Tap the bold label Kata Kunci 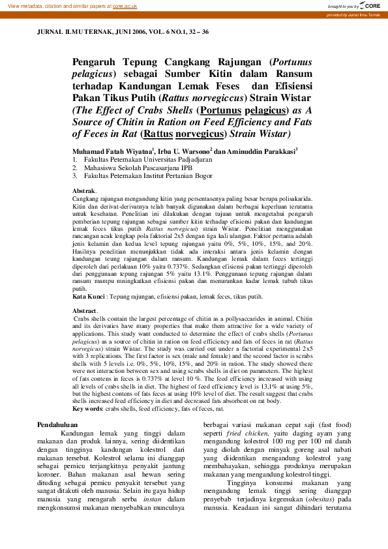point(89,296)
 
